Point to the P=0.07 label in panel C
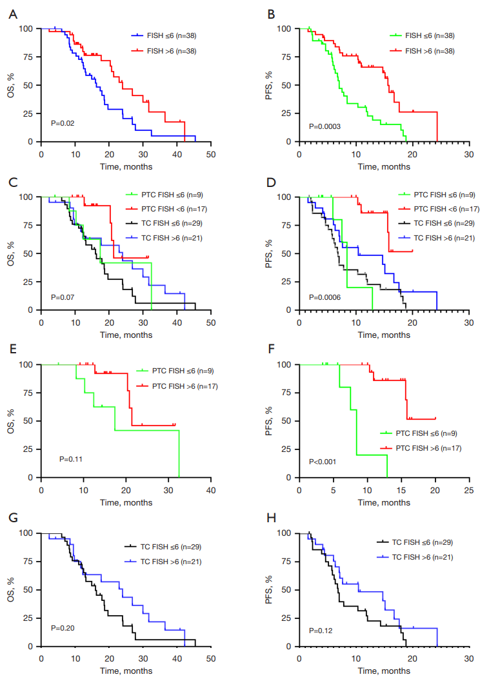[x=63, y=298]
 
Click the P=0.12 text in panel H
[x=321, y=630]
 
